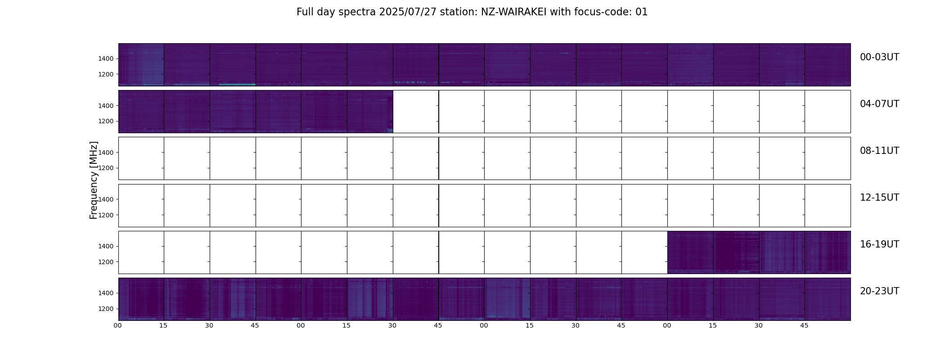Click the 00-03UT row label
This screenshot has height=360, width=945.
pos(879,57)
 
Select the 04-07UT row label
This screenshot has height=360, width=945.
pos(879,104)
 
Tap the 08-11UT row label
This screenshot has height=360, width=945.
pos(879,151)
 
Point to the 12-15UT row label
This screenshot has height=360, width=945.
pos(879,198)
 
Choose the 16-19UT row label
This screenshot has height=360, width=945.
pos(879,244)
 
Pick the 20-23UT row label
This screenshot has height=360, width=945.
pos(879,291)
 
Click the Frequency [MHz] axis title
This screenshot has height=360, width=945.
pos(94,180)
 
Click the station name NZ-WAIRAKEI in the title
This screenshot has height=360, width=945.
pos(513,12)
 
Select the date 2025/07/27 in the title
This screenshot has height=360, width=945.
pos(408,12)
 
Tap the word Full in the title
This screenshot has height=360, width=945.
pos(305,12)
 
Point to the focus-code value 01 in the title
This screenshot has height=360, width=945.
pos(642,12)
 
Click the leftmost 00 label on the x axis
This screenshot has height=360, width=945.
pos(117,325)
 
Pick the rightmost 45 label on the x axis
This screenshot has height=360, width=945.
pos(804,325)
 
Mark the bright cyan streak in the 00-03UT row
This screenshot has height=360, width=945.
pos(237,85)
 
